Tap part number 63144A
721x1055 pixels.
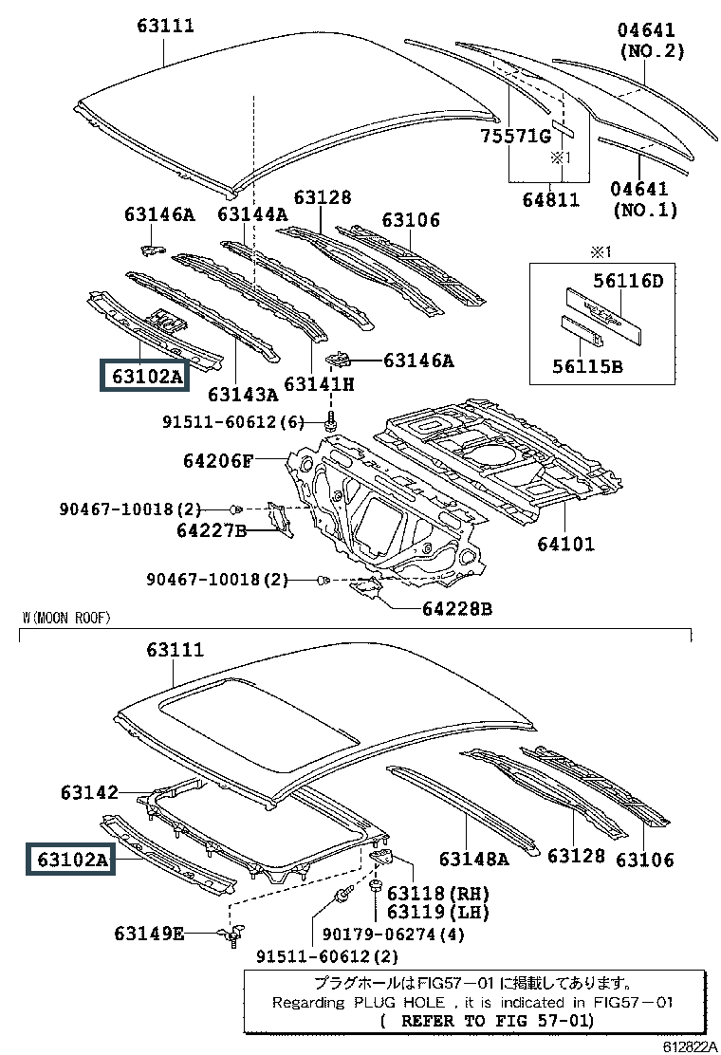point(251,214)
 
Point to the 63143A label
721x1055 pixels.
point(243,393)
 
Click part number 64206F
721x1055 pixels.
point(218,462)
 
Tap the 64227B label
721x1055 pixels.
point(212,530)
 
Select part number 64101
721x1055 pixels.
point(566,544)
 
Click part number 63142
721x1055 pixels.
point(87,792)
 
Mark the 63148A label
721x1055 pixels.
point(473,859)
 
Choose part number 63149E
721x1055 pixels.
point(150,934)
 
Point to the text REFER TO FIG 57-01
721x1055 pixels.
point(496,1021)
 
